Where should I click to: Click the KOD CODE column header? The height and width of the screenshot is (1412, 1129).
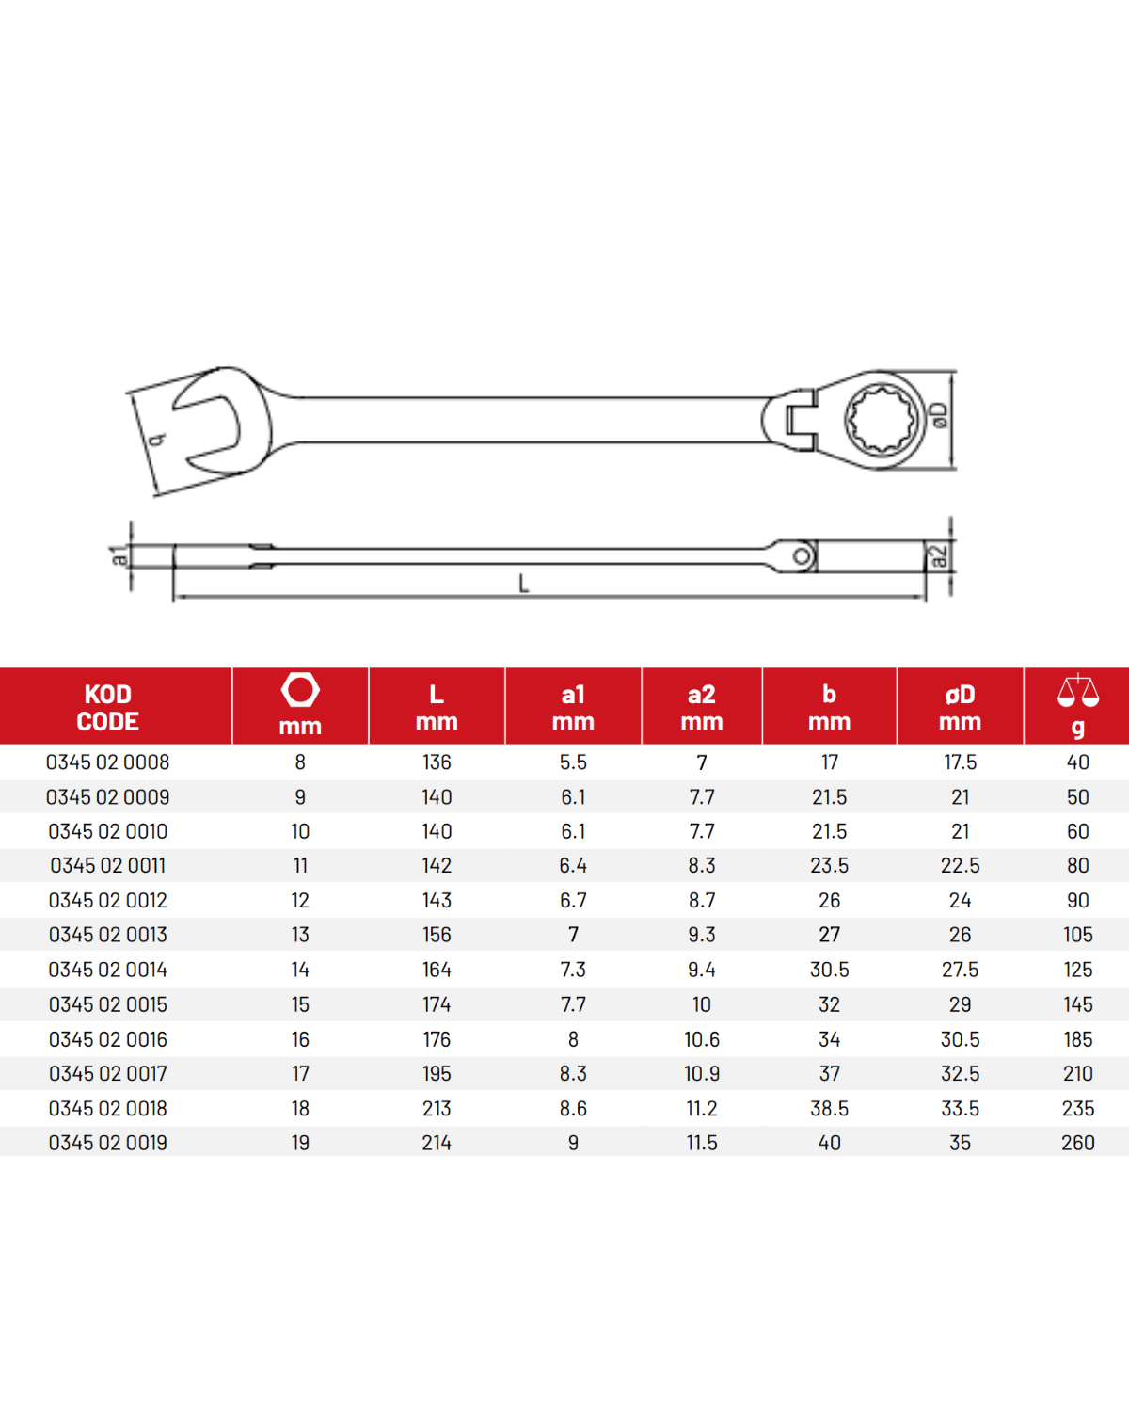click(107, 707)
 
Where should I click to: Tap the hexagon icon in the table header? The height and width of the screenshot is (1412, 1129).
click(300, 690)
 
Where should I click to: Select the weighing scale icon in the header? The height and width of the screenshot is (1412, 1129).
click(1078, 690)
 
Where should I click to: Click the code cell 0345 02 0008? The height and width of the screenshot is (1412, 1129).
click(107, 762)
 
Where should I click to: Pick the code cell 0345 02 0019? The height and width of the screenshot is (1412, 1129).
click(107, 1143)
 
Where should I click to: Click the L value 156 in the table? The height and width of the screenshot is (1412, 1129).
click(437, 935)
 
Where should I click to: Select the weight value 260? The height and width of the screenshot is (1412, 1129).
click(1078, 1143)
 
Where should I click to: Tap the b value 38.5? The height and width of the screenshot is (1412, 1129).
click(829, 1109)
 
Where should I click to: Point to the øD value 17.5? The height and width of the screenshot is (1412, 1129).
click(960, 762)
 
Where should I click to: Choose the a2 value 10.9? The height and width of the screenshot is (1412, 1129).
click(701, 1074)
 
